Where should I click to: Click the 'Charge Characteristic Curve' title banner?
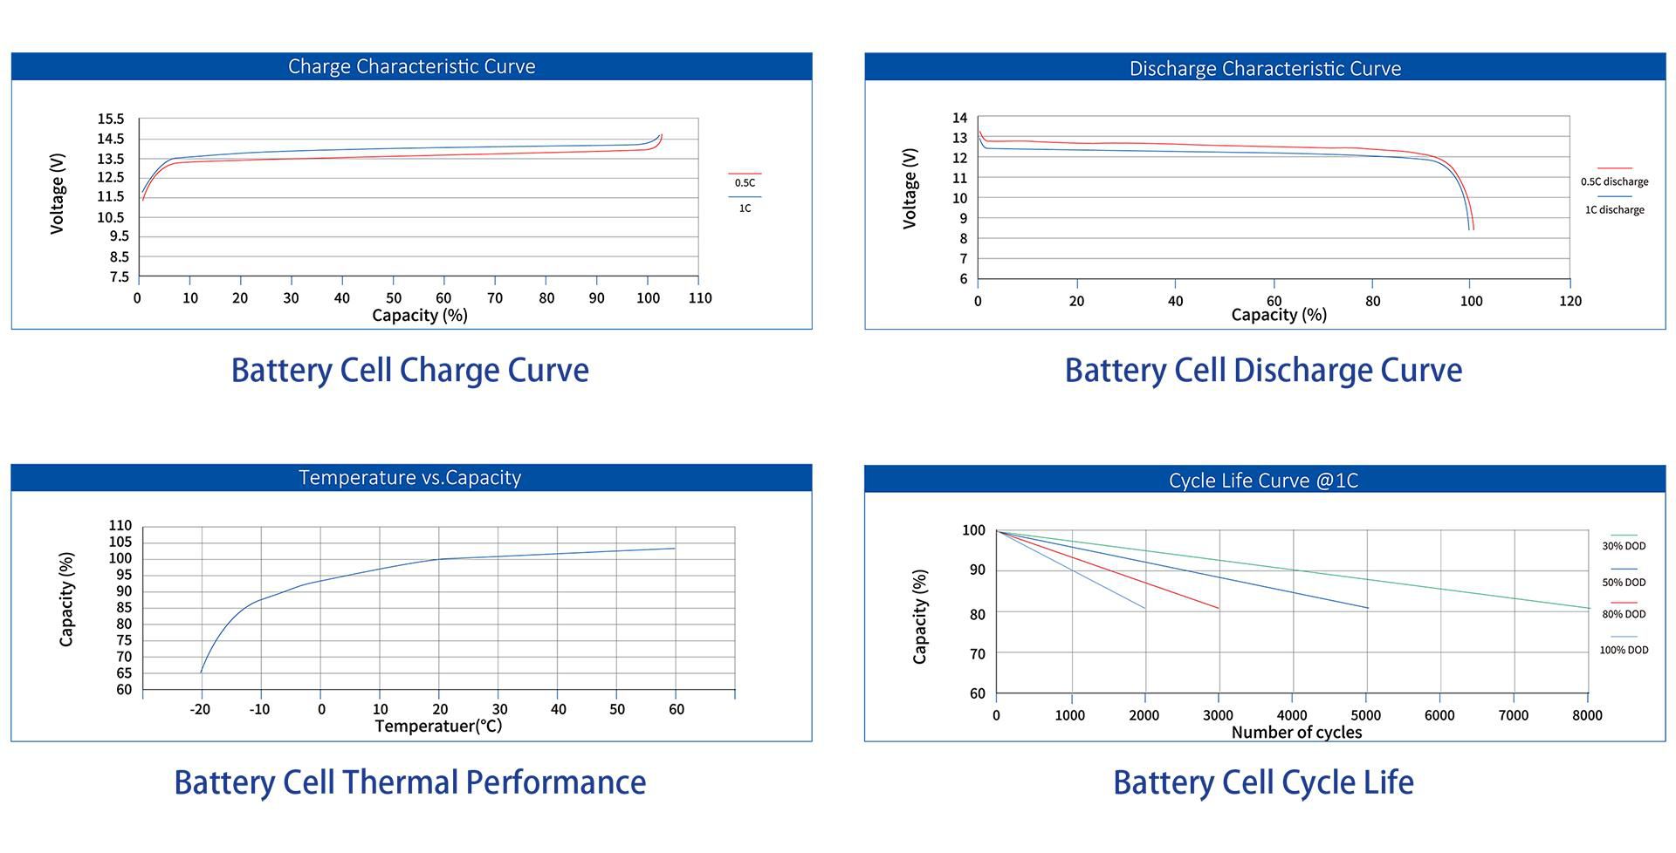(411, 66)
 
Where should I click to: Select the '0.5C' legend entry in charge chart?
(745, 182)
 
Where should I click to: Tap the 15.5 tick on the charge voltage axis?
(111, 119)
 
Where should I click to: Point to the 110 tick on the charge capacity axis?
(700, 297)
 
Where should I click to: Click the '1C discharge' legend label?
(1614, 209)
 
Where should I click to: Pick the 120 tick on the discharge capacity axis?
(1570, 301)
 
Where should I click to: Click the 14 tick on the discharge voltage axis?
(959, 118)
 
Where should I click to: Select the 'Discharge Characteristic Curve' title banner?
(1265, 68)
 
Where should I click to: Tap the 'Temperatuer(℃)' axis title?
(438, 726)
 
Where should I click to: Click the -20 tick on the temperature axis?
(200, 709)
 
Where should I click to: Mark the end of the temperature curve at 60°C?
(675, 548)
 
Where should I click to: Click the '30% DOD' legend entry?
(1624, 546)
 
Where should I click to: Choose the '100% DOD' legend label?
(1624, 650)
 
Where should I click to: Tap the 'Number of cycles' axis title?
(1296, 732)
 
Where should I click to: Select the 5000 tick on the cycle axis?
(1365, 715)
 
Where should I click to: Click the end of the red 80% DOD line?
(1219, 608)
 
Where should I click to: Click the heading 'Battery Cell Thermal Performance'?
(410, 781)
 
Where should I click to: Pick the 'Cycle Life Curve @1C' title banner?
(1263, 480)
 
